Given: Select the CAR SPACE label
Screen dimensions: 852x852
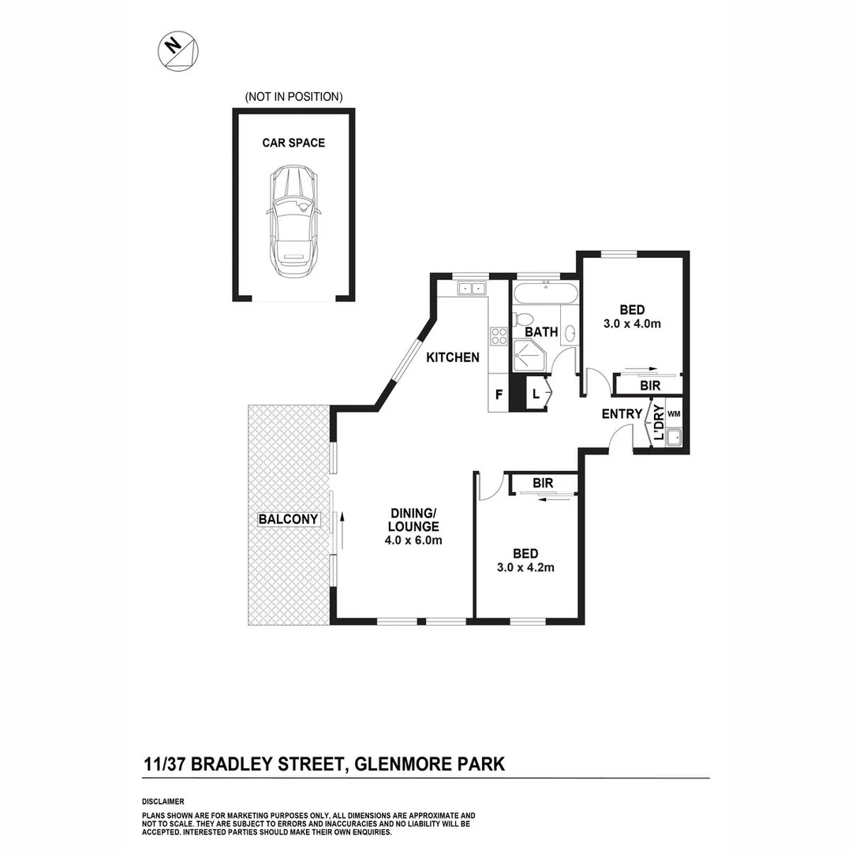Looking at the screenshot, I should click(x=293, y=143).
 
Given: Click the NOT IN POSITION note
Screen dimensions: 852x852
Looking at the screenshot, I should click(x=293, y=97).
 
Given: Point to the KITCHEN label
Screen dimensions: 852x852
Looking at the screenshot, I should click(x=453, y=357).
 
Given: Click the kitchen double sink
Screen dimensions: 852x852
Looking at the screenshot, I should click(x=473, y=289).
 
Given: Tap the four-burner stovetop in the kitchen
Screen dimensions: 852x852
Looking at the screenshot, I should click(x=499, y=336).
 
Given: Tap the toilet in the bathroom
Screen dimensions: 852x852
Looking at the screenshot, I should click(x=523, y=320).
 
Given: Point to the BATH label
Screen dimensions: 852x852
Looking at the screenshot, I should click(x=542, y=333).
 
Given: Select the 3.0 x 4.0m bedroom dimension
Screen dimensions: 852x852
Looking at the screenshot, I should click(x=631, y=323).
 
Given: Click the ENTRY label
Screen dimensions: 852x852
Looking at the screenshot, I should click(x=622, y=414).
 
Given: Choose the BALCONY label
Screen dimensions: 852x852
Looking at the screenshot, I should click(x=288, y=519).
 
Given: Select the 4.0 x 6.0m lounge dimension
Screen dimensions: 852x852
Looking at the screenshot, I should click(x=414, y=540).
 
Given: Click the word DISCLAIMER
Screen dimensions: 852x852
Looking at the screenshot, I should click(x=163, y=801).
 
